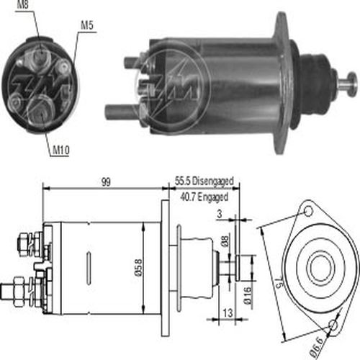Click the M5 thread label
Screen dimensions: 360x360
87,25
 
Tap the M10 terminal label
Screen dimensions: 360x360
60,150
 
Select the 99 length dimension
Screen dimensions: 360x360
106,181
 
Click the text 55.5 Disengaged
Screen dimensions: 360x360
204,181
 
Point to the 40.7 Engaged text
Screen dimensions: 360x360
204,197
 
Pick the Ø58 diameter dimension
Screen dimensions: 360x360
138,267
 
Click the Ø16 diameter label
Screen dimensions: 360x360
247,295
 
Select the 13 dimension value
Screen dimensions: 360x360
228,313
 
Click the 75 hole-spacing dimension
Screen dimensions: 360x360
279,284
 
